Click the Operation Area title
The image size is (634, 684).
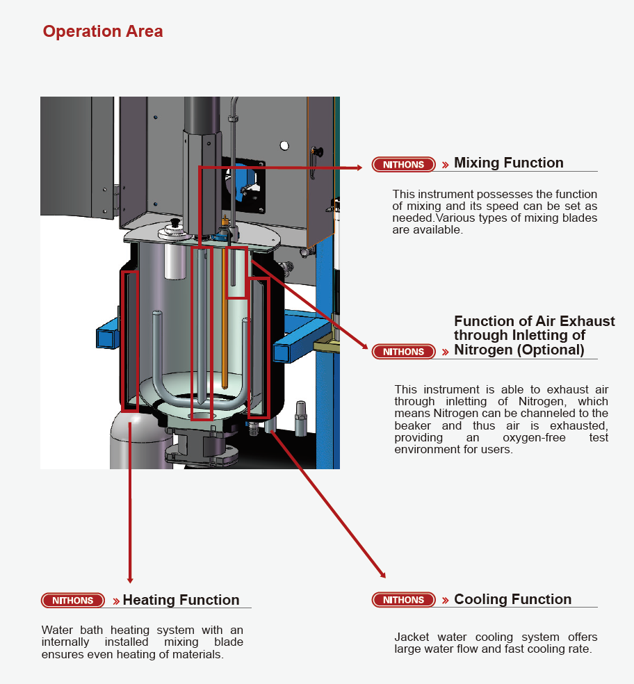(103, 31)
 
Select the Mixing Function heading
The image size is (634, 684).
(508, 163)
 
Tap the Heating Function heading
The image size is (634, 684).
(181, 600)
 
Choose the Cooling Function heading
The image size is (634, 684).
(512, 599)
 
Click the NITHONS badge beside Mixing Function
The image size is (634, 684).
(403, 165)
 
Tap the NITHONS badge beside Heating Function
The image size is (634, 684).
(72, 601)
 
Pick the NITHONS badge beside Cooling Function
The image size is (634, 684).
(403, 600)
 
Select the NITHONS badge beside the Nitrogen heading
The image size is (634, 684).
(403, 352)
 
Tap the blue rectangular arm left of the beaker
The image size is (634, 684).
(108, 336)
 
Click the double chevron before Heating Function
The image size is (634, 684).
(116, 601)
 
